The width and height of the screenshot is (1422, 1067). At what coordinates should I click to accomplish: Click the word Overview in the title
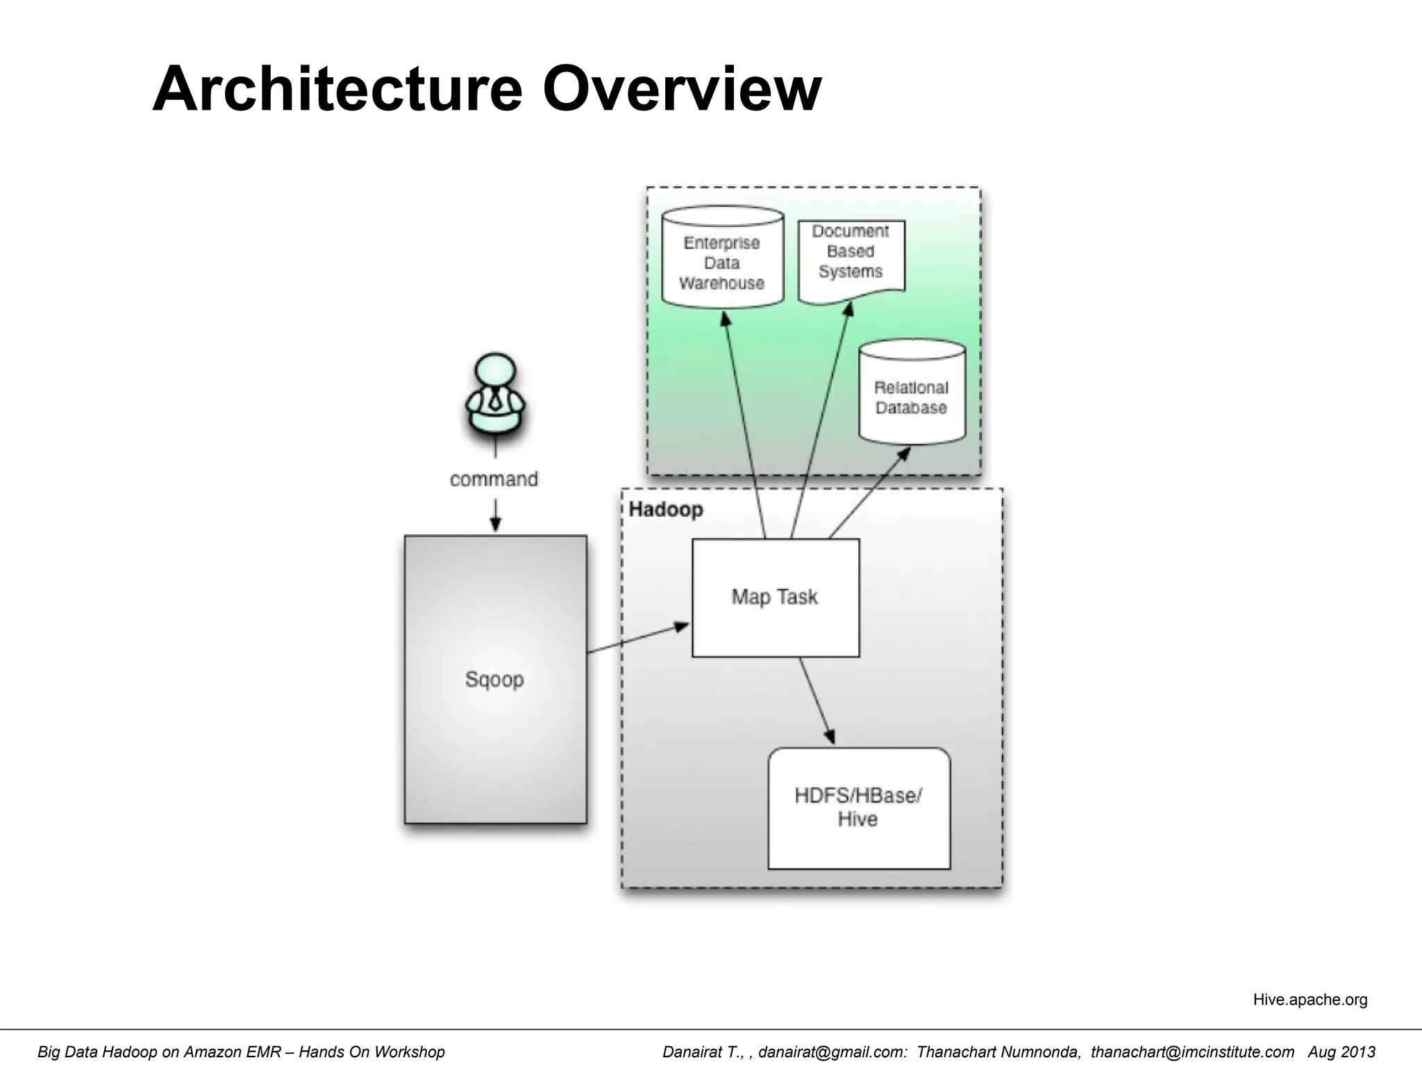681,89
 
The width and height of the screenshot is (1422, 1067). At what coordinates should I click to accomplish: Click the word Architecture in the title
337,89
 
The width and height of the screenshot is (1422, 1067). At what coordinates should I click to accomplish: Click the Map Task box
775,597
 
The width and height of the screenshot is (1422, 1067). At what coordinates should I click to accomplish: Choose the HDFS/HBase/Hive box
858,807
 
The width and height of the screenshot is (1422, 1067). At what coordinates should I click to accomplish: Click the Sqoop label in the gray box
494,679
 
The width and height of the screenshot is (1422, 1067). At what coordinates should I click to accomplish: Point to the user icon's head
495,374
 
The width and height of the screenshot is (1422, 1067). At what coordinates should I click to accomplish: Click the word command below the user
494,479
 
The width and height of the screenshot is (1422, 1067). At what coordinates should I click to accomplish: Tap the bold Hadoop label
665,510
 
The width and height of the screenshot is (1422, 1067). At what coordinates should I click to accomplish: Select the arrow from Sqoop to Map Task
639,638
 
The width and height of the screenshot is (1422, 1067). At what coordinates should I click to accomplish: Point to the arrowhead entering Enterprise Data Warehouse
726,320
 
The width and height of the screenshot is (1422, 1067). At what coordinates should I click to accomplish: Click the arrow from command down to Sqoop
495,518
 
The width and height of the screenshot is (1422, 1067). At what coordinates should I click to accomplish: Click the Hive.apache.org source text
1310,1000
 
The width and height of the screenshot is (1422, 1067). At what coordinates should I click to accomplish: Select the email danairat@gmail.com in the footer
832,1052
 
